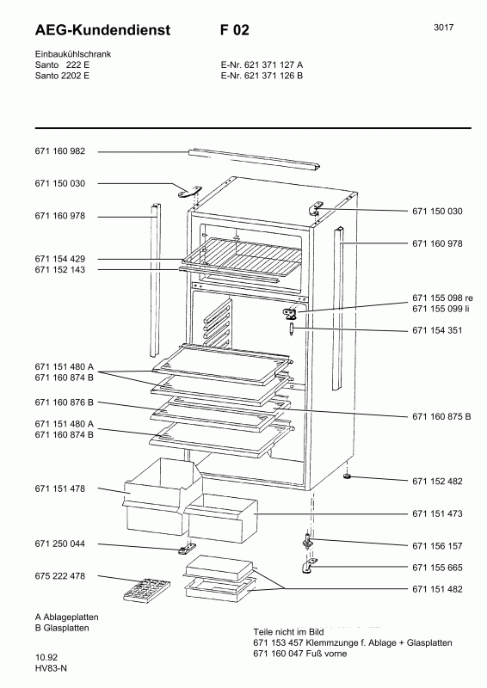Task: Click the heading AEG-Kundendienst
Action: (102, 30)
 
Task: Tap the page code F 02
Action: (235, 30)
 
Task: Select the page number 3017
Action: (443, 28)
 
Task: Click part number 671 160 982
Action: (59, 151)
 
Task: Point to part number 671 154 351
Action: (437, 330)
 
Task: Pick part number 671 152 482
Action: (437, 482)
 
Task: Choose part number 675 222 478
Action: (59, 575)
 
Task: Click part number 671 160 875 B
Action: (441, 416)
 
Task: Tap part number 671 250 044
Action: (59, 544)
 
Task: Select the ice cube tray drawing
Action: (146, 590)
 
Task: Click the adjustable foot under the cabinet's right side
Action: (348, 476)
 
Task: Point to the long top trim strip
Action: (255, 159)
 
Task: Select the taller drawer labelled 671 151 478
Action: (162, 496)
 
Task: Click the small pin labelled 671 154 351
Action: (291, 329)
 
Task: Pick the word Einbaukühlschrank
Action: (73, 54)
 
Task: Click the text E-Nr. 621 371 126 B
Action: (262, 76)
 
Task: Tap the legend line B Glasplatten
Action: (62, 628)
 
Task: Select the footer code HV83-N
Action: (51, 668)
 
